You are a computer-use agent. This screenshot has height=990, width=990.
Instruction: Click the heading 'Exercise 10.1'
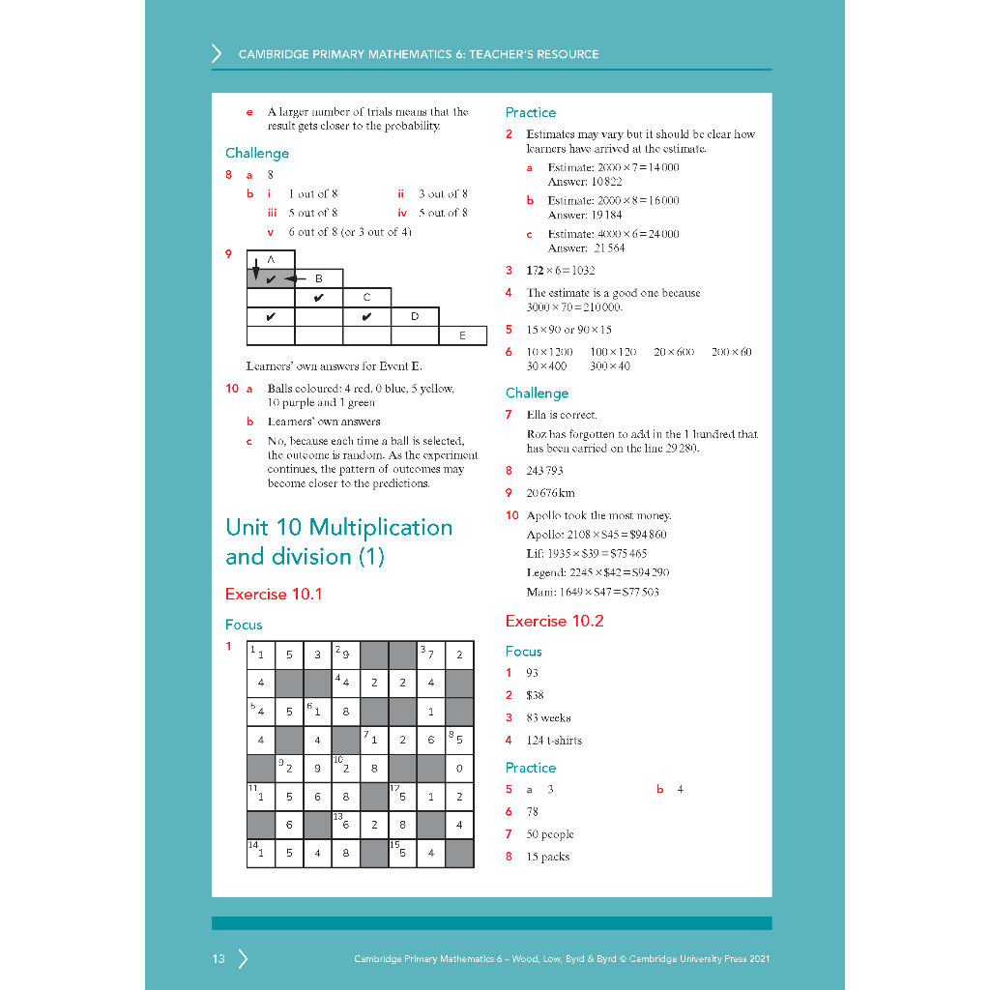coord(274,594)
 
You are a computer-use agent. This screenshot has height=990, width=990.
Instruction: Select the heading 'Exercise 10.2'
coord(554,621)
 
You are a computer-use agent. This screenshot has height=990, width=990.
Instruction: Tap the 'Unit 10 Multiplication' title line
coord(338,528)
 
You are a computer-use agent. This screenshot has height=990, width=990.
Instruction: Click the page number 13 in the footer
coord(218,959)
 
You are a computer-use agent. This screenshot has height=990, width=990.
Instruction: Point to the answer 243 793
coord(544,471)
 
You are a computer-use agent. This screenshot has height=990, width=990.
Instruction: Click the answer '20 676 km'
coord(550,493)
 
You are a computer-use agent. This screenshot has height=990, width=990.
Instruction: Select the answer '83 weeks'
coord(548,718)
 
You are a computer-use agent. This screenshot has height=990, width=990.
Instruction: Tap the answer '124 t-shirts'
coord(554,741)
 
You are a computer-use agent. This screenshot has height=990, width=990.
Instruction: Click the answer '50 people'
coord(550,834)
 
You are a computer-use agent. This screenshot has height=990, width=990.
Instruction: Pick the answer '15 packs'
coord(548,857)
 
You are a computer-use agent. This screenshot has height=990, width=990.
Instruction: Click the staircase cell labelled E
coord(462,335)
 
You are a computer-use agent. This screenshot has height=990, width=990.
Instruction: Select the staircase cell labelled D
coord(415,316)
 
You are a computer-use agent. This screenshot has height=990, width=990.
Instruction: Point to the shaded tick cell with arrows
coord(271,279)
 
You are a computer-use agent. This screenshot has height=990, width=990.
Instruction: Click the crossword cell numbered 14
coord(260,853)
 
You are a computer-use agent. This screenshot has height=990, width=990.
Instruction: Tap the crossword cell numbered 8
coord(459,741)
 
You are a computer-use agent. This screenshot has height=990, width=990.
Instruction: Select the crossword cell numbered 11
coord(260,797)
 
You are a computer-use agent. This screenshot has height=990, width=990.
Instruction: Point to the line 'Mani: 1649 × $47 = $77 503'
coord(593,592)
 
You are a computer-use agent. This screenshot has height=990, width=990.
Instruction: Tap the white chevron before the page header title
coord(217,54)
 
